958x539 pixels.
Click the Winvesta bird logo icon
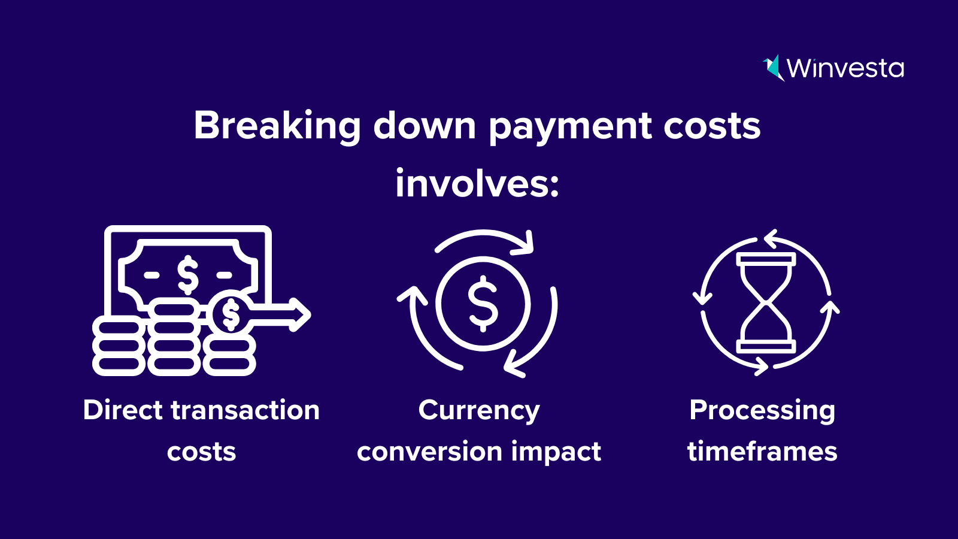pos(774,68)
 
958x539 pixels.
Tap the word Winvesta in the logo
pos(845,68)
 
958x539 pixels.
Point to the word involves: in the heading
pos(477,183)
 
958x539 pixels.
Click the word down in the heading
pos(425,126)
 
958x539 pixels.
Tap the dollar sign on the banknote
pos(188,275)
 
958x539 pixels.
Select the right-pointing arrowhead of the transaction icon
pos(300,314)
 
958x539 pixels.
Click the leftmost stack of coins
pos(119,346)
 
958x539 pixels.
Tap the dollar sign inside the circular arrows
pos(483,304)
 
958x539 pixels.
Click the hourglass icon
pos(766,303)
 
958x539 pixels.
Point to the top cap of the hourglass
pos(766,259)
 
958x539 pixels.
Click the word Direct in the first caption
pos(123,410)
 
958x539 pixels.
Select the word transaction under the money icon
pos(245,410)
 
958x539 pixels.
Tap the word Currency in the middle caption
pos(479,411)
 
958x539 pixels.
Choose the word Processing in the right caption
pos(762,411)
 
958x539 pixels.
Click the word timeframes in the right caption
pos(762,452)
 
